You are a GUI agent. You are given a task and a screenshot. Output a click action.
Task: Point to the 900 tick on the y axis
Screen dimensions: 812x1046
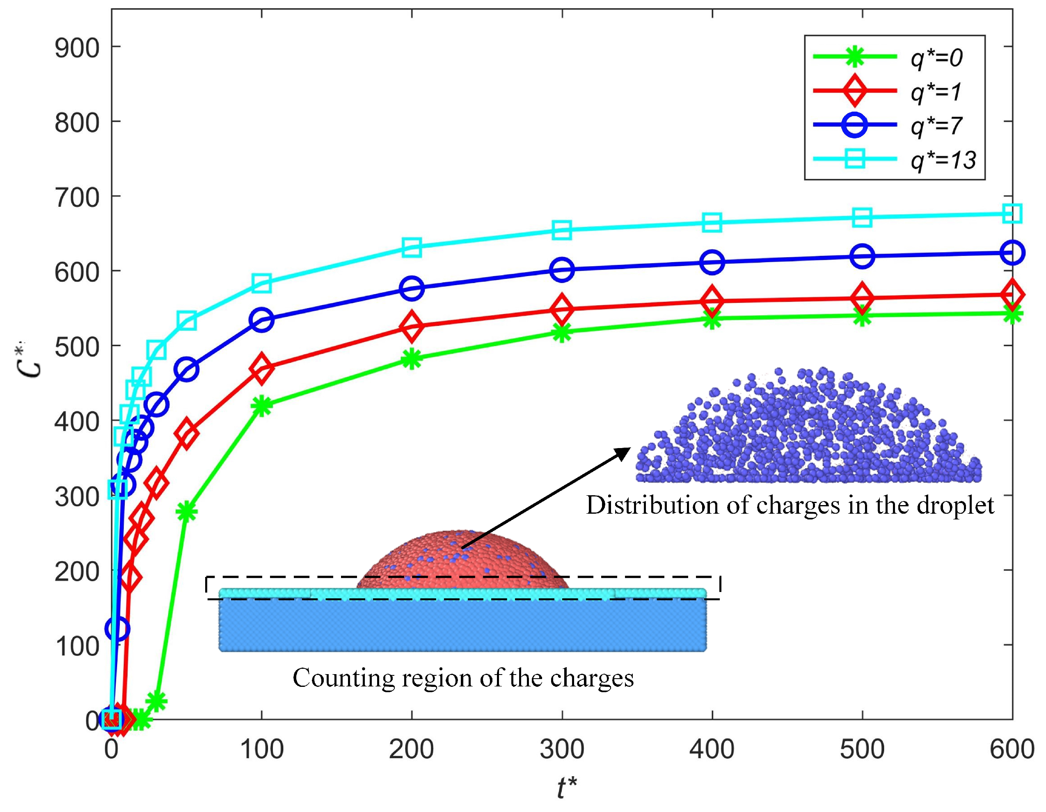[x=77, y=48]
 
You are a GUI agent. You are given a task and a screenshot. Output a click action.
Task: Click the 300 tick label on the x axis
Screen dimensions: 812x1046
[x=562, y=749]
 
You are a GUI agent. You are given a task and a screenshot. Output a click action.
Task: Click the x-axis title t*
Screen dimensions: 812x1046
[x=567, y=787]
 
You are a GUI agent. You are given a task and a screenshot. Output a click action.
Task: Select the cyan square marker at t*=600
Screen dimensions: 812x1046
[x=1012, y=213]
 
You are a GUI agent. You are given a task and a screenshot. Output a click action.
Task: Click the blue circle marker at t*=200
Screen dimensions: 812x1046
[x=412, y=288]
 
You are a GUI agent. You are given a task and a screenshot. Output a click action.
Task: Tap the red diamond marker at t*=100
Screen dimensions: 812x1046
[x=261, y=368]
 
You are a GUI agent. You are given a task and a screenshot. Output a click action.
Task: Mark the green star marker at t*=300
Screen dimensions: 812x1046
[x=562, y=332]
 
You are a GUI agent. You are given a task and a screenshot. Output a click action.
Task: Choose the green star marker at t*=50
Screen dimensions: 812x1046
[x=187, y=512]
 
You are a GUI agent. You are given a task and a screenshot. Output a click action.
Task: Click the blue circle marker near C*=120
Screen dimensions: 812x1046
[x=118, y=628]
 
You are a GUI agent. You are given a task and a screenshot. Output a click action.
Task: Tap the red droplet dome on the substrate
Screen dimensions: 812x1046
[x=462, y=560]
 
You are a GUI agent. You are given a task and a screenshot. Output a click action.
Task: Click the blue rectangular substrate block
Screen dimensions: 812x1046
[x=462, y=625]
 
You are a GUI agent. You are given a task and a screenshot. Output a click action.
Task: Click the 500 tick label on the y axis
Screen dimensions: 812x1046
[x=77, y=347]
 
